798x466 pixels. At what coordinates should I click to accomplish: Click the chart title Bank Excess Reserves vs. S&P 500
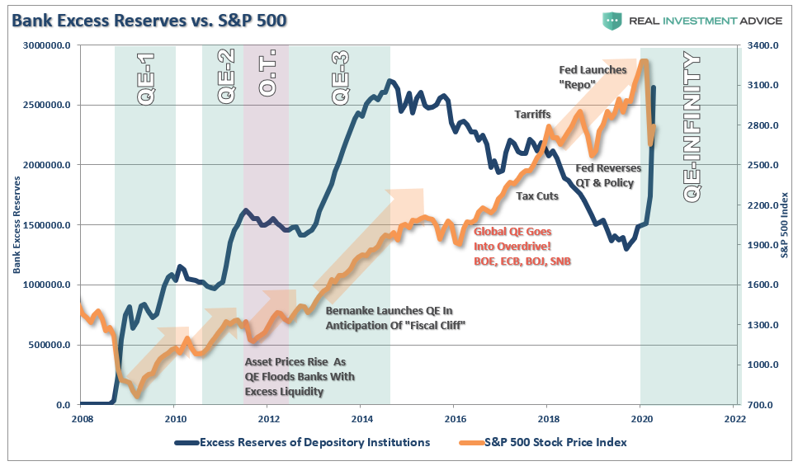point(149,20)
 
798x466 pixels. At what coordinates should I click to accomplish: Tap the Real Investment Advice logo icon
point(611,21)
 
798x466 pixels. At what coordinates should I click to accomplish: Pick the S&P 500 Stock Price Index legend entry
point(544,442)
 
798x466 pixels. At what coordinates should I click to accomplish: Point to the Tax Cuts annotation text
point(537,196)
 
